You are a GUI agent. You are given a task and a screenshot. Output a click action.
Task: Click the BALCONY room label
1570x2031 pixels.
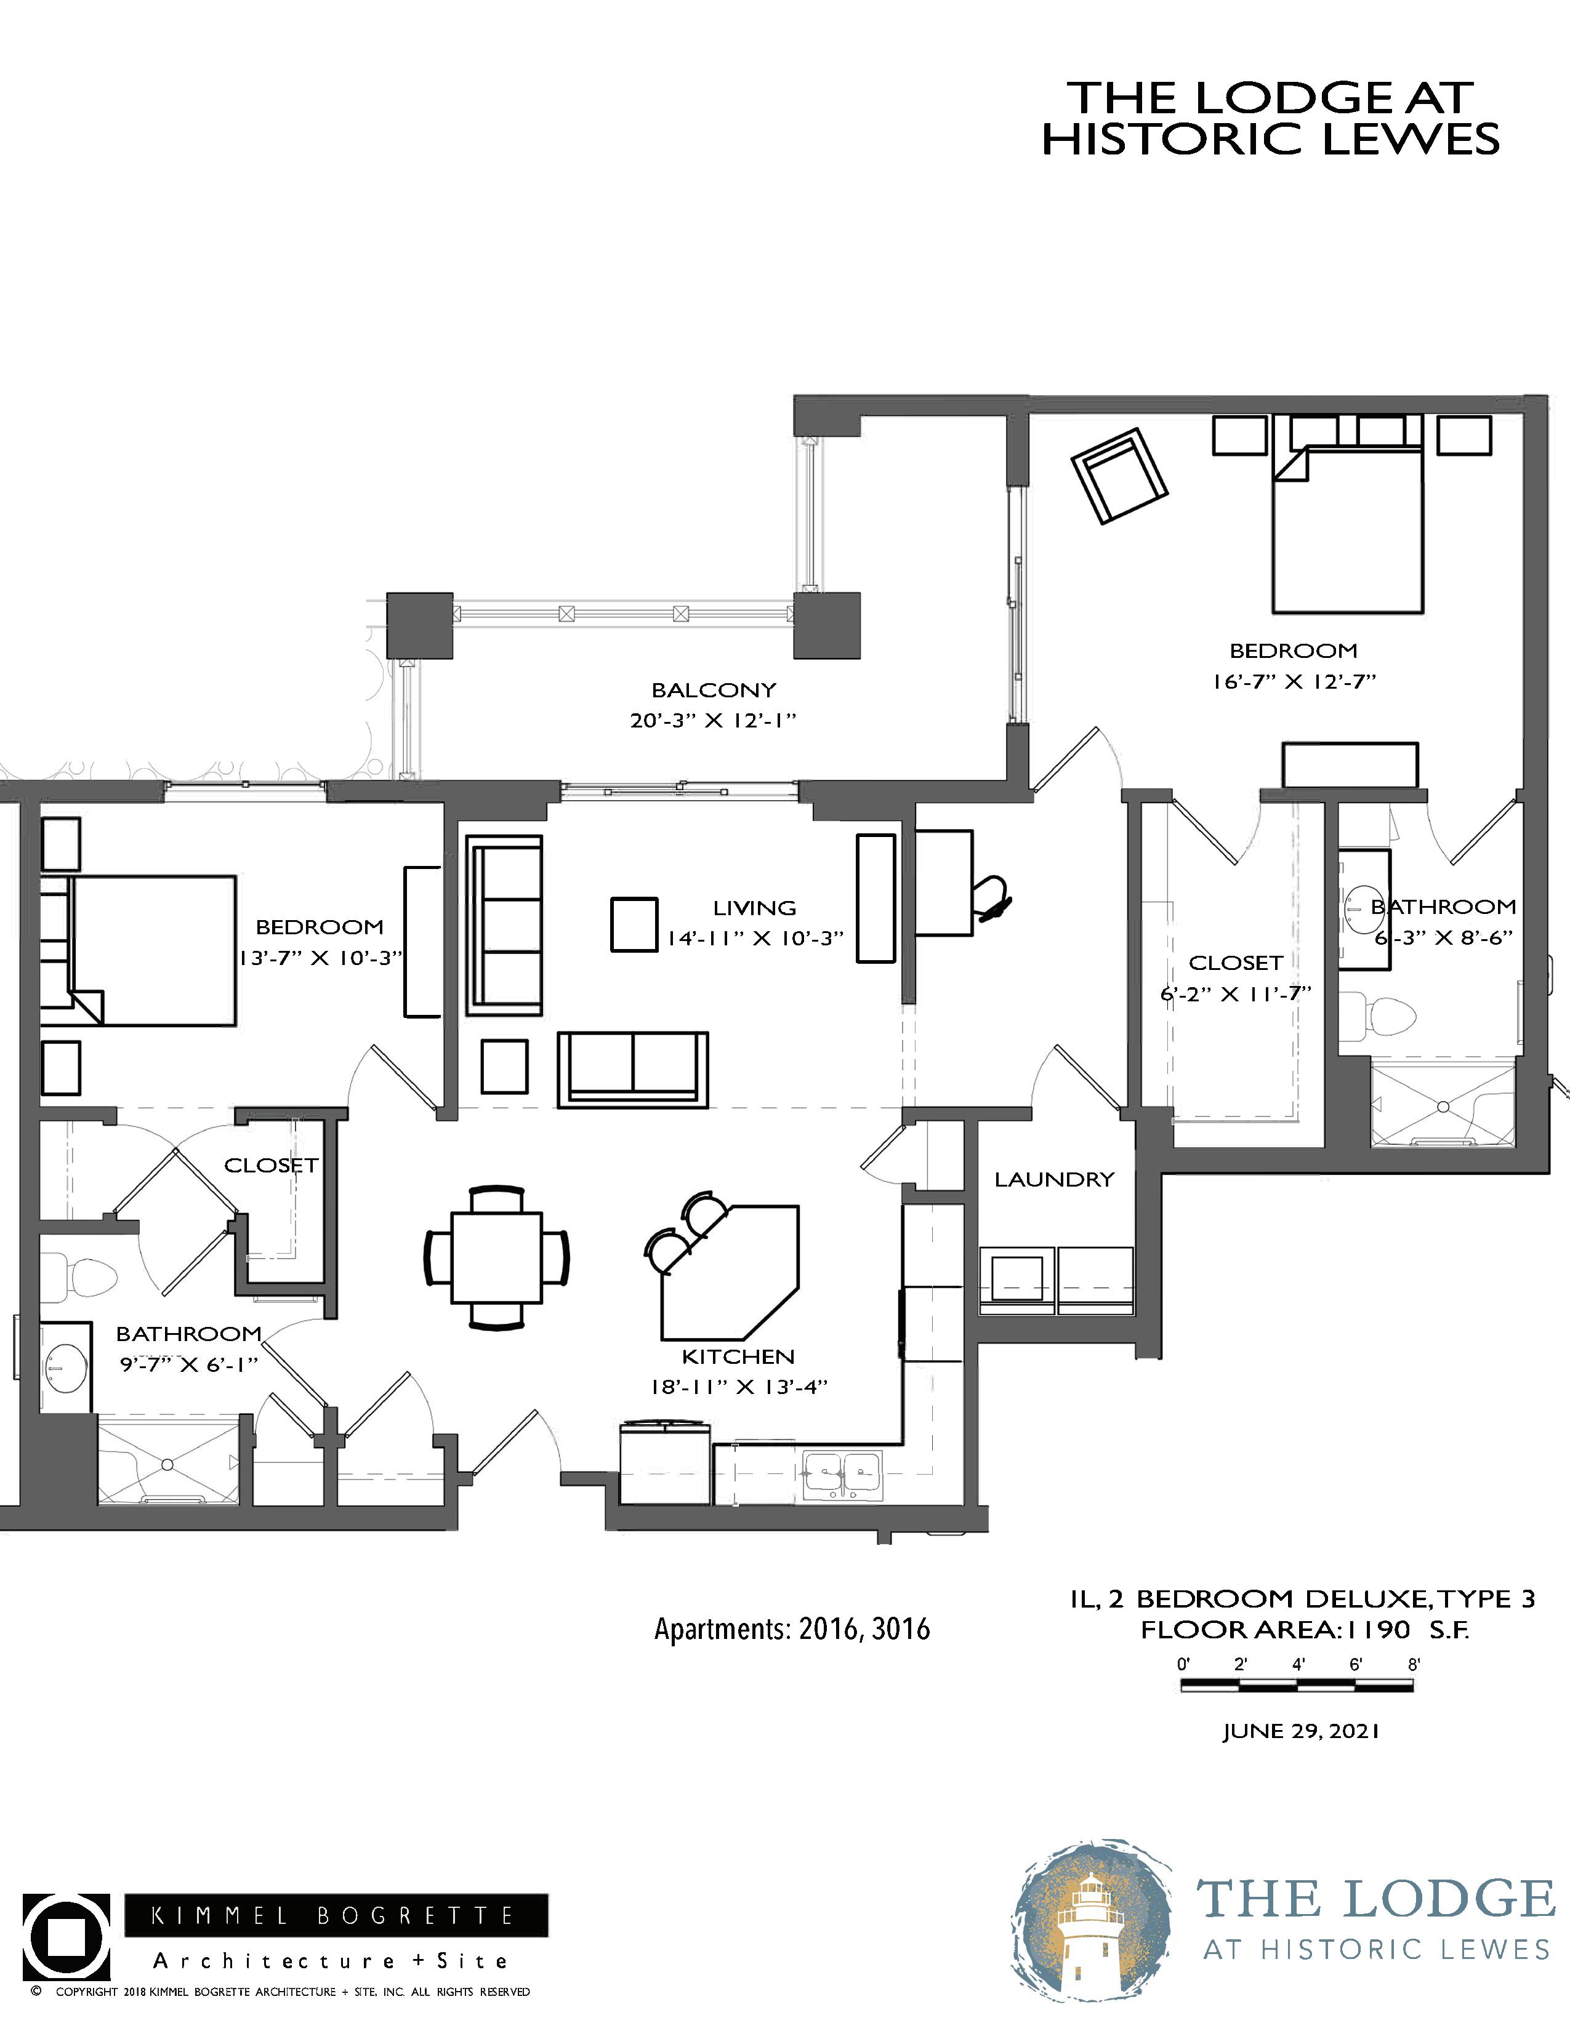point(714,690)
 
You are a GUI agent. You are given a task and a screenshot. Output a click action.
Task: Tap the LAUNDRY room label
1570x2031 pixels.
point(1054,1180)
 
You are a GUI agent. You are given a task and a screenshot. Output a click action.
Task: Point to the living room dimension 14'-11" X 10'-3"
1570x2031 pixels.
point(754,939)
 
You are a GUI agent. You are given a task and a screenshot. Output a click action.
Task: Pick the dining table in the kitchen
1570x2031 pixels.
point(497,1257)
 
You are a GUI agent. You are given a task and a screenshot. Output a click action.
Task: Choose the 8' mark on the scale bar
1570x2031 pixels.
point(1413,1665)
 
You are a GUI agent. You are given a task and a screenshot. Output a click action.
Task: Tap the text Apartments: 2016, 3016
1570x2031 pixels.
point(792,1629)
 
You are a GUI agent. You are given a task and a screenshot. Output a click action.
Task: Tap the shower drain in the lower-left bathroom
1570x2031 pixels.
point(167,1465)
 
